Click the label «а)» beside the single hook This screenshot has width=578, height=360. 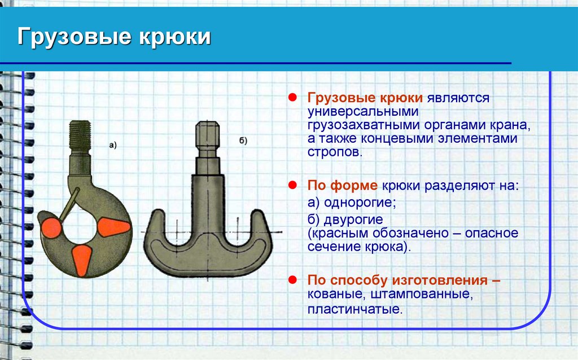(x=113, y=145)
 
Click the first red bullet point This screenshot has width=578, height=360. (x=293, y=98)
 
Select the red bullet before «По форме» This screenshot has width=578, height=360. (x=293, y=185)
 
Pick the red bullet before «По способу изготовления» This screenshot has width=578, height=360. (x=293, y=279)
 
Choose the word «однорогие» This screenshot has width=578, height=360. (x=361, y=202)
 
